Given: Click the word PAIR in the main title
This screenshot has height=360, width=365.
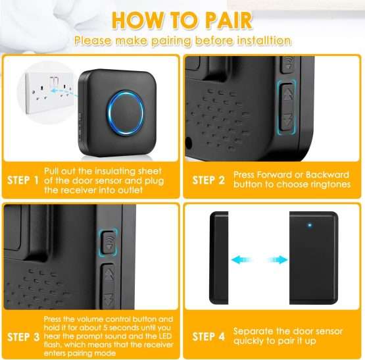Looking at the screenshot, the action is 229,20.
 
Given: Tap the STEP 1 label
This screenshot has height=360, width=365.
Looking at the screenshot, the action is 23,180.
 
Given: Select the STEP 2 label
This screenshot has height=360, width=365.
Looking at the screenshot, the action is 208,180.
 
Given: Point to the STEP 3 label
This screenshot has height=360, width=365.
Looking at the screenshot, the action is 23,337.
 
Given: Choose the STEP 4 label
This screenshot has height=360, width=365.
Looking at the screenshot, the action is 208,336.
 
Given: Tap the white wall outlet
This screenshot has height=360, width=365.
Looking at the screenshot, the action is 49,93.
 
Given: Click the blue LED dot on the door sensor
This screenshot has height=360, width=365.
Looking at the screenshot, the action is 310,225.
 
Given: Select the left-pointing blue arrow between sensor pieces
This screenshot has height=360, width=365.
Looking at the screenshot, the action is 241,259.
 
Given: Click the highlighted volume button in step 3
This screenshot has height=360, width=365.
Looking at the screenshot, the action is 109,242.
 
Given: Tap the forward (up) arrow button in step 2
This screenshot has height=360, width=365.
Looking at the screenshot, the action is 287,95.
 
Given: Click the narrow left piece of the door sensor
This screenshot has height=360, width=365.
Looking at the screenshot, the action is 219,258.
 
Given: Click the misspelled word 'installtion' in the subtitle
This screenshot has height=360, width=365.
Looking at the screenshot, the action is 264,41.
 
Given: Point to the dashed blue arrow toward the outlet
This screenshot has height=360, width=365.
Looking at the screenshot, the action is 64,92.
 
